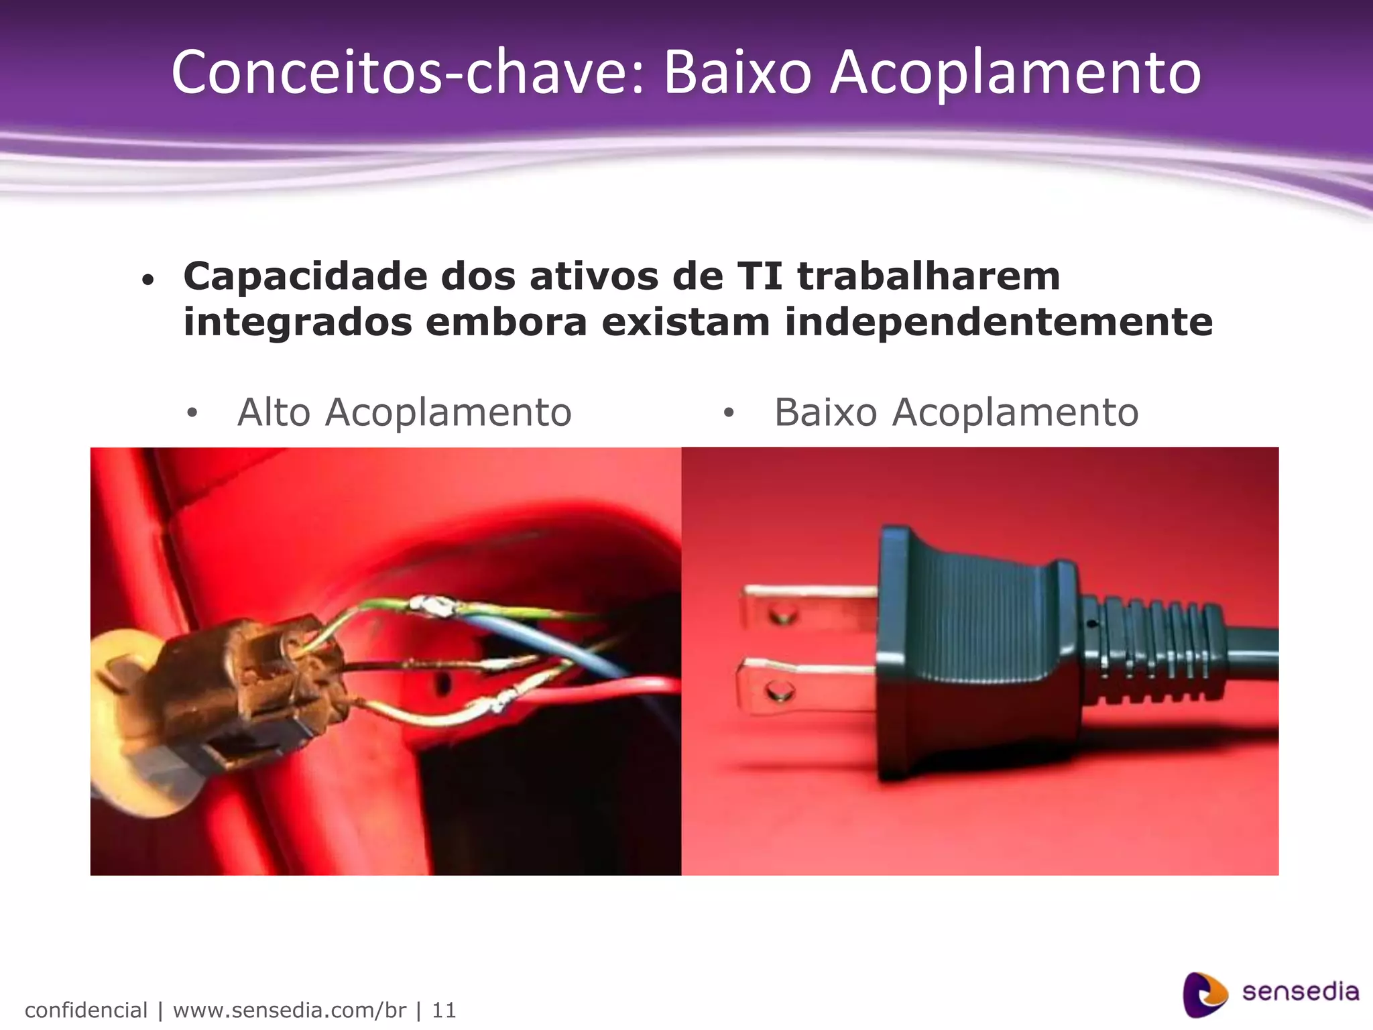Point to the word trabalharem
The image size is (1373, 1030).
click(929, 276)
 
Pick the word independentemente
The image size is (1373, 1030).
click(998, 323)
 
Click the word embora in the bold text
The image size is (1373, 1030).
click(506, 323)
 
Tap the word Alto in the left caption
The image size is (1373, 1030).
click(274, 412)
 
